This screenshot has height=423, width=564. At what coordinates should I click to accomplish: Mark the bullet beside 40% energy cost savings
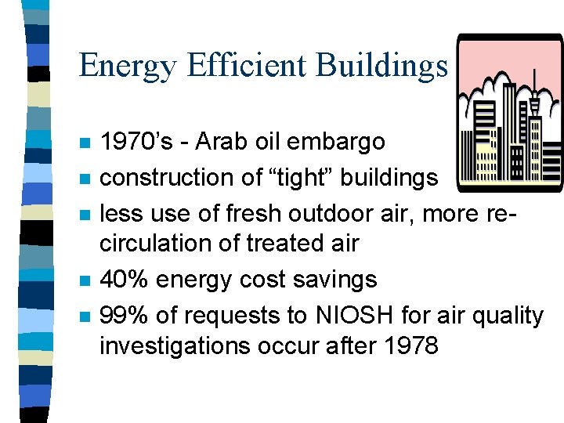[85, 280]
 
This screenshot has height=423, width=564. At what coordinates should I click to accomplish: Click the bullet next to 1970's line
[85, 143]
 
